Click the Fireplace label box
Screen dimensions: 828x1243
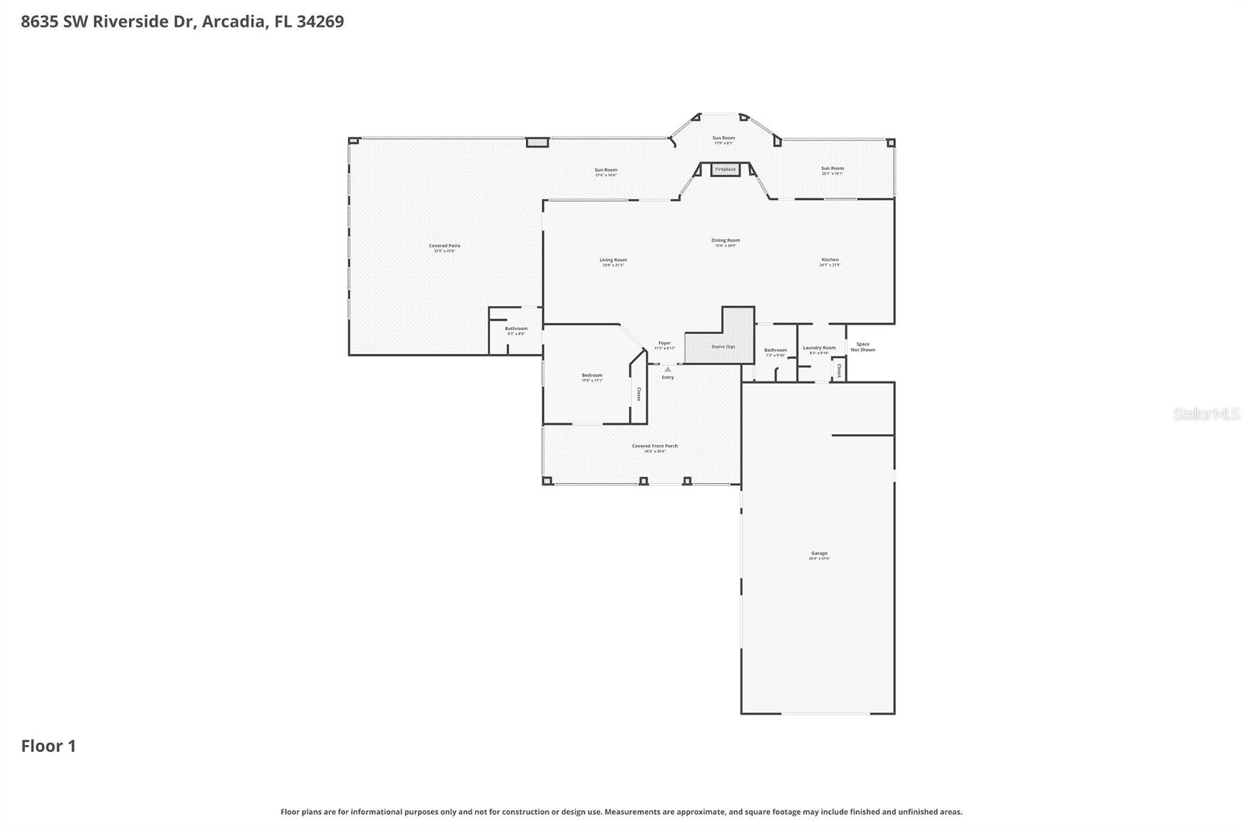[725, 169]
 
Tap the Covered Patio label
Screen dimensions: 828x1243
[444, 246]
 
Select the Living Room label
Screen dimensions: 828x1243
[613, 260]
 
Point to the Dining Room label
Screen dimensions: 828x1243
[725, 241]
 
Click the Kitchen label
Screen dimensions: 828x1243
[830, 260]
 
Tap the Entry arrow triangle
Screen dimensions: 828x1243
[667, 370]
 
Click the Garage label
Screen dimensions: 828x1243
[819, 554]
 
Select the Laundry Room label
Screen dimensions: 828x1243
[819, 348]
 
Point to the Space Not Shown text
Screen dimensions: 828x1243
[862, 346]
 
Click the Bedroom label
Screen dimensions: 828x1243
[592, 376]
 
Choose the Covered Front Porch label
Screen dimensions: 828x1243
[654, 447]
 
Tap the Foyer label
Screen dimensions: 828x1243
[664, 343]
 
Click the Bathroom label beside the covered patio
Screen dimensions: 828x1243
[516, 329]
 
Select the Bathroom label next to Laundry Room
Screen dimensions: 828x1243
[775, 350]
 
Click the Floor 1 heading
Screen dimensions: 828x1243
[48, 746]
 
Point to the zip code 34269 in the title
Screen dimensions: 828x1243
[320, 22]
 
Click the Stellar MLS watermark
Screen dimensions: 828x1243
[1206, 415]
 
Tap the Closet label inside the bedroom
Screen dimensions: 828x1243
[639, 394]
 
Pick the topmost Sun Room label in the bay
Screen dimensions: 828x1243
[723, 138]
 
